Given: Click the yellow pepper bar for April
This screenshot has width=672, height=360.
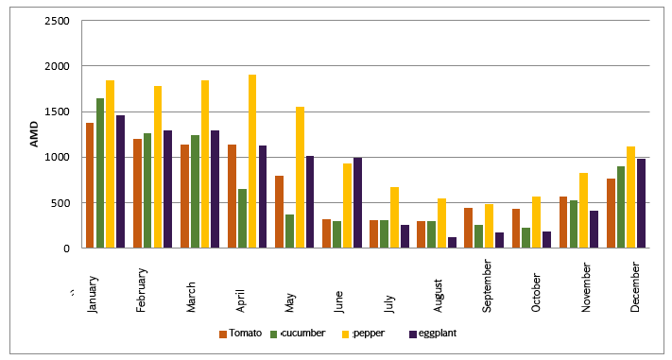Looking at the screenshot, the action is [252, 162].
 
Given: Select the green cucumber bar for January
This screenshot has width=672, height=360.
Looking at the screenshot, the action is [100, 173].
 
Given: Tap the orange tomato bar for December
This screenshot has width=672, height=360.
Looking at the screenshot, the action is [612, 213].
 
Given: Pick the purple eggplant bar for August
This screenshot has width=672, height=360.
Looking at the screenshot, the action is [452, 243].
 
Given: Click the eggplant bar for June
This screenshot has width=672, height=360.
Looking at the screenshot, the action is [358, 203].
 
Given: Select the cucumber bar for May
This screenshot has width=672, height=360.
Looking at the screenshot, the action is [290, 231].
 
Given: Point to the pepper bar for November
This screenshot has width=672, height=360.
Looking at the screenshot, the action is [584, 211].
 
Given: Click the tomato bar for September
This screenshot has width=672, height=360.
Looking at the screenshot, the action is [469, 228].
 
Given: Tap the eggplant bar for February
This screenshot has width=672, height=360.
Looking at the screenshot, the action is [167, 189].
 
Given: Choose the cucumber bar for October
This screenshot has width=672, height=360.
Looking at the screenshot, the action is [526, 238].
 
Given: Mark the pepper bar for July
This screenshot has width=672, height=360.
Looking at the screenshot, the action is [395, 217].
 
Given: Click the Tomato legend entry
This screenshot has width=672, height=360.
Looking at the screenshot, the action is [240, 334].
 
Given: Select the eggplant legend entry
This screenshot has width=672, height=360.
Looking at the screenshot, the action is [433, 334].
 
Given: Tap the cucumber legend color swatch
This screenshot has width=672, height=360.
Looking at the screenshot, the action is [274, 334].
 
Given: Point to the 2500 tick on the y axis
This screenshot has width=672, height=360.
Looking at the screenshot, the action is [57, 21].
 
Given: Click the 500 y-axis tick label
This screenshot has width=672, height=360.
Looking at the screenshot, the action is [60, 203].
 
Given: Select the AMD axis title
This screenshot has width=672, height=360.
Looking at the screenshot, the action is [34, 134].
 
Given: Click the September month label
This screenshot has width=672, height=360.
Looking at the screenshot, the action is [487, 286].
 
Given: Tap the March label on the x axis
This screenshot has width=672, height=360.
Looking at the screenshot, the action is [191, 297].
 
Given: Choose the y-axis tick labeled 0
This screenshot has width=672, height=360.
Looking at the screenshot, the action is [66, 249].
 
